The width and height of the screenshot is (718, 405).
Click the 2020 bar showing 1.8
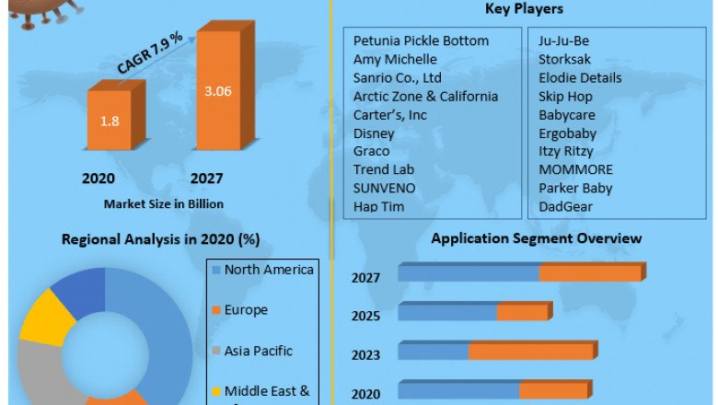point(110,120)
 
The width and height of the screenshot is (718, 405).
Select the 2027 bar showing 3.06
point(217,92)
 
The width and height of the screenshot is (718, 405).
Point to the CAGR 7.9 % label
point(150,53)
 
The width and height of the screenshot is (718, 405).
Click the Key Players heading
point(524,9)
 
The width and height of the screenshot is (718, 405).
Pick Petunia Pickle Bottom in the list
point(421,40)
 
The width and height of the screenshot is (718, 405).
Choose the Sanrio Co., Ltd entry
point(398,77)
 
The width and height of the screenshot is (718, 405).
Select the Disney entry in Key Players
point(374,133)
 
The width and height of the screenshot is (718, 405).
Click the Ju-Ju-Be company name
point(563,40)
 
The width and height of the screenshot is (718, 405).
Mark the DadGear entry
point(565,206)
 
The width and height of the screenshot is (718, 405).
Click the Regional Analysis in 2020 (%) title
point(160,239)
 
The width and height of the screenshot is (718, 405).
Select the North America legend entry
point(269,270)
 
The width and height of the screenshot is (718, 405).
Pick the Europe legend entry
point(246,310)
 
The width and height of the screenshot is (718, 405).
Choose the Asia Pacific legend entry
point(258,351)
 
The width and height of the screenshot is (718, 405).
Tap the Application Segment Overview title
point(537,238)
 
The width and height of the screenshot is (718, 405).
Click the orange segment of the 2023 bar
point(531,352)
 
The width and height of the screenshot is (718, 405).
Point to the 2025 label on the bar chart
point(365,316)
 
